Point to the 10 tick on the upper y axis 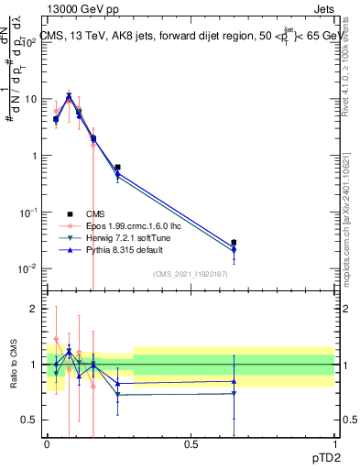coord(34,99)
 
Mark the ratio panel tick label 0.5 coord(33,420)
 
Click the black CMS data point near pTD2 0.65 coord(234,243)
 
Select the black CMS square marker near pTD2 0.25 coord(117,168)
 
